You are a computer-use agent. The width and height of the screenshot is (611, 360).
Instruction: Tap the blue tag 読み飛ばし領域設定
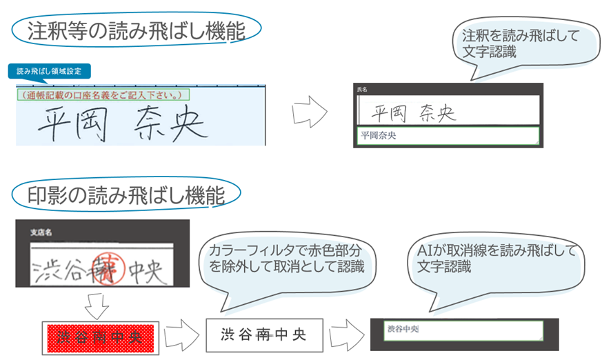pyautogui.click(x=50, y=71)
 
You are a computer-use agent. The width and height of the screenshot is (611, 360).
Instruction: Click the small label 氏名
pyautogui.click(x=363, y=90)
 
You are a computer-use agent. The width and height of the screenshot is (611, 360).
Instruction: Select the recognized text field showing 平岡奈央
pyautogui.click(x=447, y=136)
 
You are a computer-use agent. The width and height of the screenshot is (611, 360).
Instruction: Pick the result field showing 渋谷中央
pyautogui.click(x=464, y=330)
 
